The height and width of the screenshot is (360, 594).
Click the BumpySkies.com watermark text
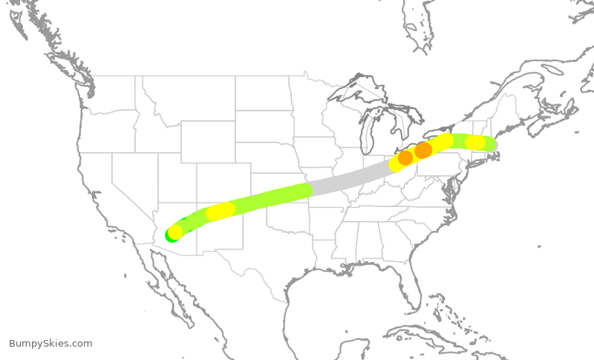pyautogui.click(x=50, y=343)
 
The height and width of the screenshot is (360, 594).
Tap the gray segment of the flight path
pyautogui.click(x=349, y=179)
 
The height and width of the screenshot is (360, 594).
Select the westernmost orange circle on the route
pyautogui.click(x=405, y=158)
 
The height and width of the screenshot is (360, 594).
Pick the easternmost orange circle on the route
pyautogui.click(x=423, y=151)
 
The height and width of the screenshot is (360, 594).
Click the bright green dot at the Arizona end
pyautogui.click(x=170, y=236)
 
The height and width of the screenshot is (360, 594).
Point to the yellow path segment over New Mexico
pyautogui.click(x=221, y=211)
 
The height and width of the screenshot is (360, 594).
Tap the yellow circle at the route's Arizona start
pyautogui.click(x=175, y=232)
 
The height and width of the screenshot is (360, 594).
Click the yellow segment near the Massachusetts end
pyautogui.click(x=475, y=142)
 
